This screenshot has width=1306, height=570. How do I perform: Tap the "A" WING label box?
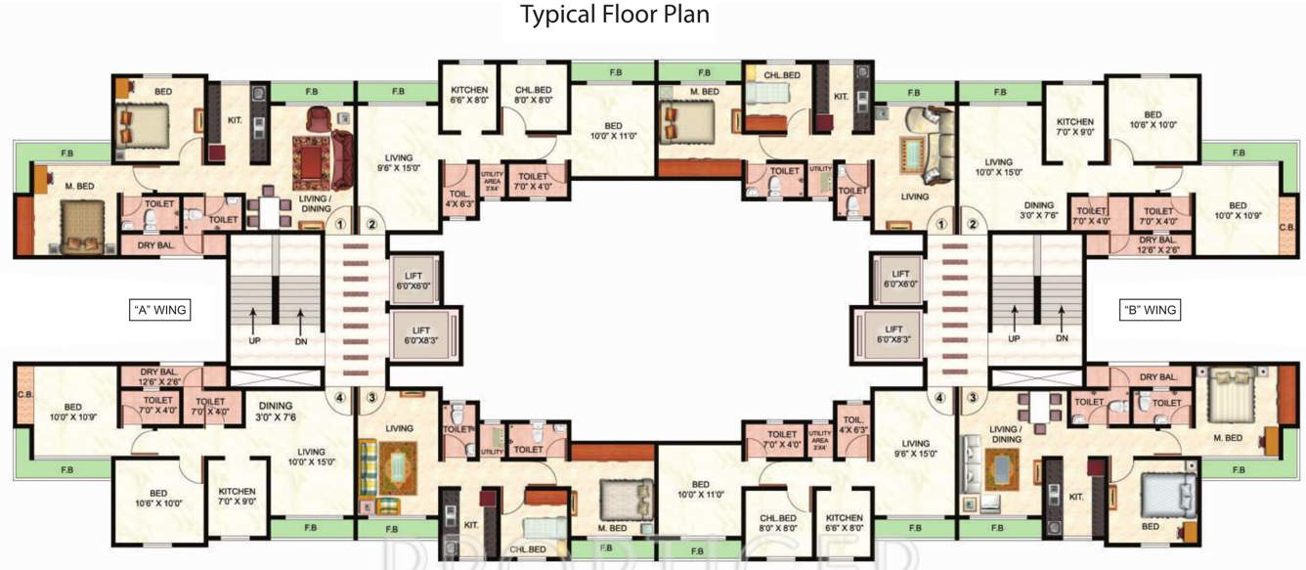click(159, 310)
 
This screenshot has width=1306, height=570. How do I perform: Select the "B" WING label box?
click(1149, 310)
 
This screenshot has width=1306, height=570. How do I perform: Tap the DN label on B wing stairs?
click(1062, 338)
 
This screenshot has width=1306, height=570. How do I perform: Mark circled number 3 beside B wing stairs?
click(972, 398)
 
